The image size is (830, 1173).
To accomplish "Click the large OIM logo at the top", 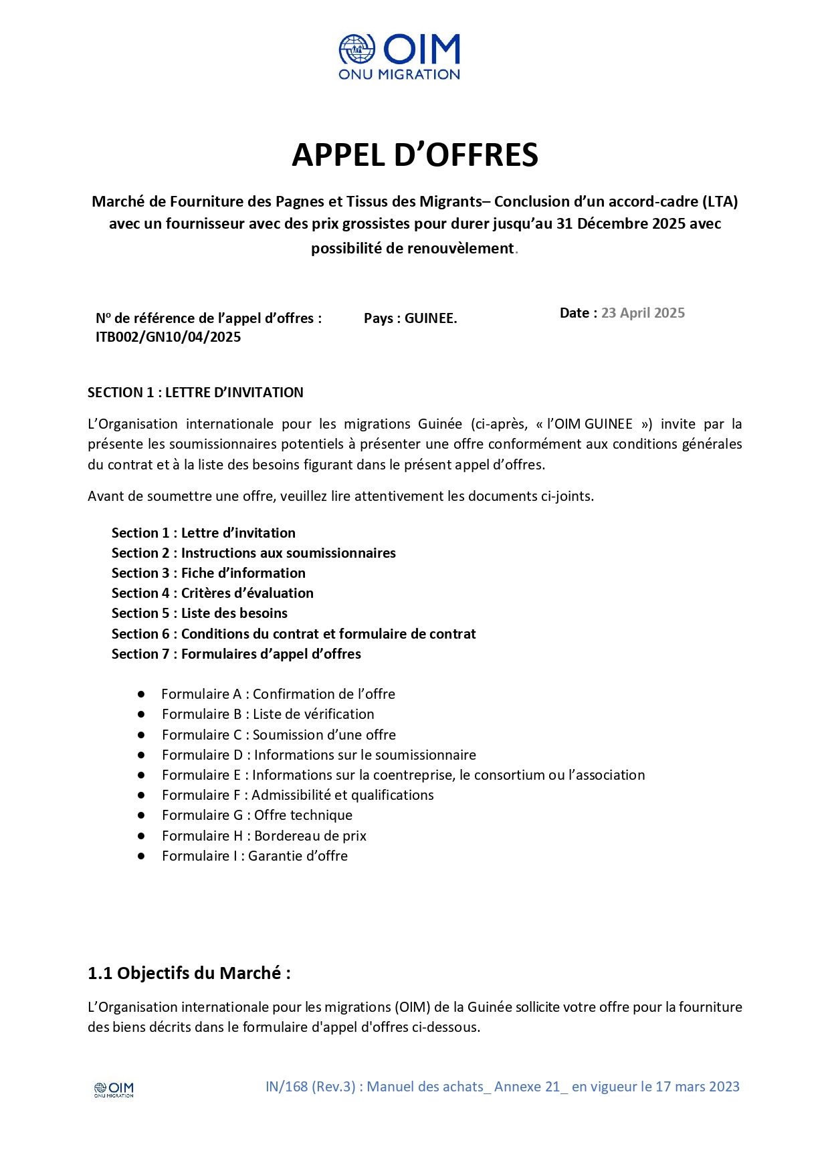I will point(399,57).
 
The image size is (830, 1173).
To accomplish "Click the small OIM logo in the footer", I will point(114,1089).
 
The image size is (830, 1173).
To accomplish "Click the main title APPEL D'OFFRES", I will point(415,155).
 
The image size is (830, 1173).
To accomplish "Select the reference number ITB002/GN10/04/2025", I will point(168,337).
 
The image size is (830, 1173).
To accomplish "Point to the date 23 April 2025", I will point(643,313).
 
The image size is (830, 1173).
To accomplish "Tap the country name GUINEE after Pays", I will point(431,318).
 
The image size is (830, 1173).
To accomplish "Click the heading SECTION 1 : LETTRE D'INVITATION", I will point(195,393).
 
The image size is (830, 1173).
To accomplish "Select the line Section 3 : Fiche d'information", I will point(208,573).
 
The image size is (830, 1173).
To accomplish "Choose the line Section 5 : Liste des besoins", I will point(199,613).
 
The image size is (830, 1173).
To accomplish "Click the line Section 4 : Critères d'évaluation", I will point(212,593).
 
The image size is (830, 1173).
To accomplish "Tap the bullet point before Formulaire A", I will point(141,694).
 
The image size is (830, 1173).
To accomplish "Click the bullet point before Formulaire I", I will point(141,856).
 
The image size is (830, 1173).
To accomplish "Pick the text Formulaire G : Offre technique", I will point(257,815).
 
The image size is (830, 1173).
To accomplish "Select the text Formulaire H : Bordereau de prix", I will point(264,836).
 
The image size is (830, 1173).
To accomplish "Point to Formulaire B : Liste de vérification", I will point(268,714).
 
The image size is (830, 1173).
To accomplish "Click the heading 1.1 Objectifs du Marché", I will point(189,973).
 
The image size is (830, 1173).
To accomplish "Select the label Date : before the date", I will point(578,313).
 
